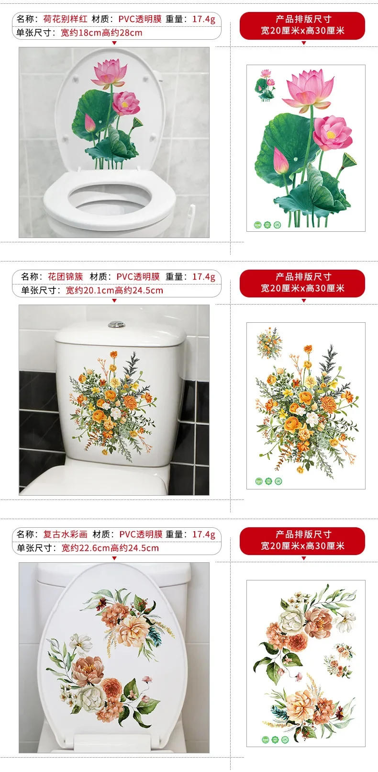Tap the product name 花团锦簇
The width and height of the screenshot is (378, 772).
[66, 277]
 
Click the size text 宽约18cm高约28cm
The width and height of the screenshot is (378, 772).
[101, 33]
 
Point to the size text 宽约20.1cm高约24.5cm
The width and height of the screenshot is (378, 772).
[114, 291]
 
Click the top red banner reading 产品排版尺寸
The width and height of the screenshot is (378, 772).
[303, 19]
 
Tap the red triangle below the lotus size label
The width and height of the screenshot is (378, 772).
[114, 43]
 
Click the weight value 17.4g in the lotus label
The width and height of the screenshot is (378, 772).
[204, 19]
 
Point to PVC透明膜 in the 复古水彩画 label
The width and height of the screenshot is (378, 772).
[141, 534]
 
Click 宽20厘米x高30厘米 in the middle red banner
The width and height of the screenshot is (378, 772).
[303, 288]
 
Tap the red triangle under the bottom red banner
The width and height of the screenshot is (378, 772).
[303, 558]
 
